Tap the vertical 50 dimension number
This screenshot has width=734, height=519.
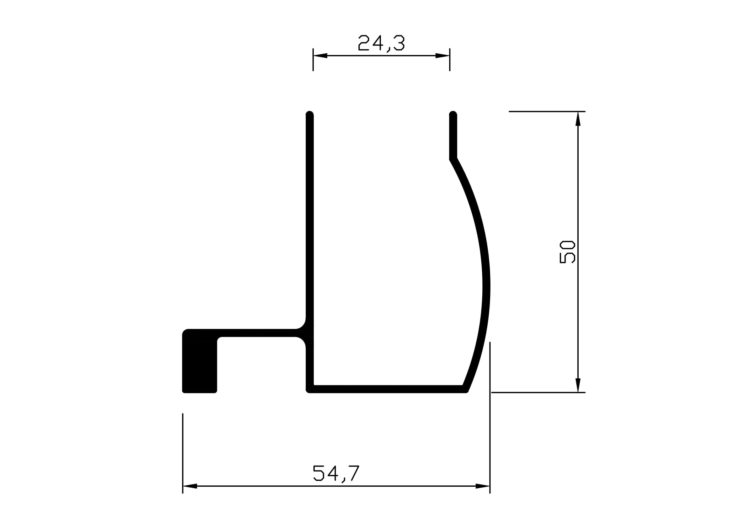coord(567,252)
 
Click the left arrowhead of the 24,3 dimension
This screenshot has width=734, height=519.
coord(320,56)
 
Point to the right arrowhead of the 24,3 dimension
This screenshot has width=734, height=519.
coord(442,56)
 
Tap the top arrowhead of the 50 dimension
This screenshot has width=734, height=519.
coord(578,119)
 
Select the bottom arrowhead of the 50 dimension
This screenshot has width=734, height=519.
coord(578,385)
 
